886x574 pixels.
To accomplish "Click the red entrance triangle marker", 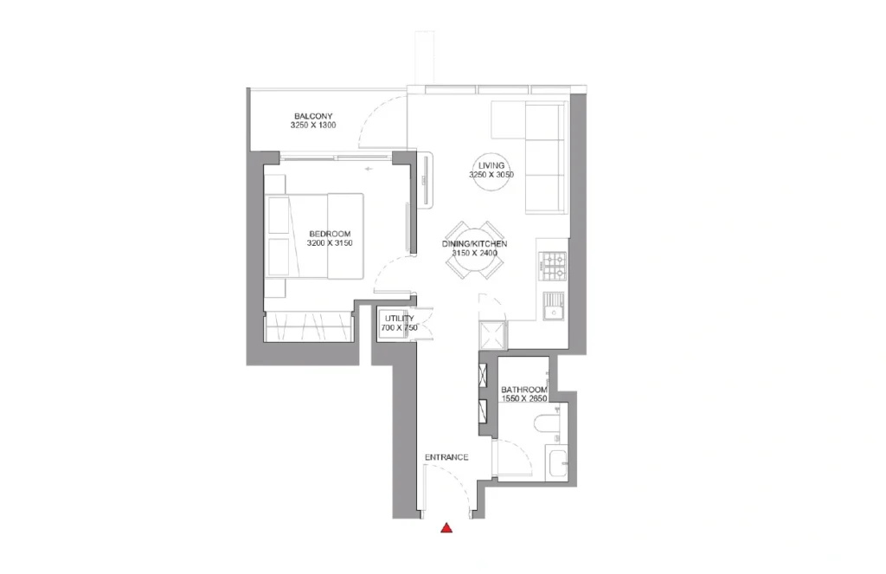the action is click(446, 528).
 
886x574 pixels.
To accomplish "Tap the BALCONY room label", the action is click(313, 117).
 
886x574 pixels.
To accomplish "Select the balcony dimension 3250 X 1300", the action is click(313, 126).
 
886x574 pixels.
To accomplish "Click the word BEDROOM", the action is click(330, 234).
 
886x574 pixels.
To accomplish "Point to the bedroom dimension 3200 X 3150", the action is click(330, 243).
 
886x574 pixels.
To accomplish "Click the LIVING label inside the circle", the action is click(491, 165).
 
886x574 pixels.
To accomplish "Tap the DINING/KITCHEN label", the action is click(475, 244).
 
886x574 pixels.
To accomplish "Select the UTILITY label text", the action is click(400, 319).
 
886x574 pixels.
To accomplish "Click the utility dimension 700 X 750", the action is click(400, 328).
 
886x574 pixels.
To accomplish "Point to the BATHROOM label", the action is click(524, 390).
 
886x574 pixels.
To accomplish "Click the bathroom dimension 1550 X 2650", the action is click(524, 399).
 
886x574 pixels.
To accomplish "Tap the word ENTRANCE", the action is click(446, 457).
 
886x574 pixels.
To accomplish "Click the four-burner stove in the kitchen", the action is click(552, 267).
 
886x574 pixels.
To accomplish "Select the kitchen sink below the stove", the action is click(554, 306).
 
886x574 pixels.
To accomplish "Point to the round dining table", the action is click(475, 250).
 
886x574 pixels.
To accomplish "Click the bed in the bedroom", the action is click(315, 235).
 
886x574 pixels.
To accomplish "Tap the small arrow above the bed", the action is click(369, 169).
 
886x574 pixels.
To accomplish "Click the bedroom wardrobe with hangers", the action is click(309, 326).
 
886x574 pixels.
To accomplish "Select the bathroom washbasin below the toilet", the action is click(556, 462).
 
